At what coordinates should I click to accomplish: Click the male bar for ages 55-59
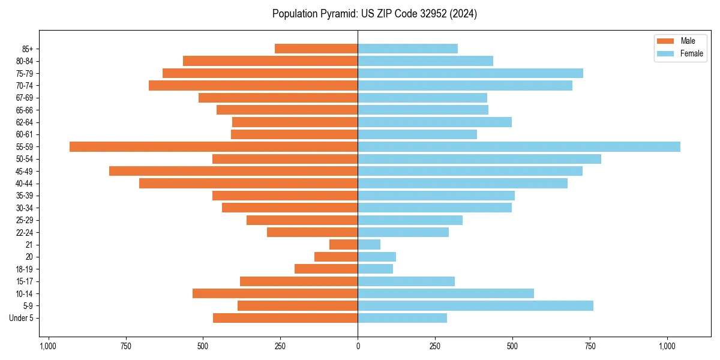[214, 147]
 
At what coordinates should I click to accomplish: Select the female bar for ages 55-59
[519, 147]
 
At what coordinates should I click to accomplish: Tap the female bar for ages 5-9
[475, 306]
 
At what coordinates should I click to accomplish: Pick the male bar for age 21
[343, 245]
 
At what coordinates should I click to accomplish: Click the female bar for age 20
[377, 257]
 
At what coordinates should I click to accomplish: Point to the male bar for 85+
[316, 49]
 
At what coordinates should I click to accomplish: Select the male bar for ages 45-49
[233, 172]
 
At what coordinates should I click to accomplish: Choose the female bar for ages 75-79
[470, 73]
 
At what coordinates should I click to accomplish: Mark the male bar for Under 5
[285, 318]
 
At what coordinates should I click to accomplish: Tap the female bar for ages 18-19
[375, 269]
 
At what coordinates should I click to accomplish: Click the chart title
[374, 14]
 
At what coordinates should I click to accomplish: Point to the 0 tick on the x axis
[358, 346]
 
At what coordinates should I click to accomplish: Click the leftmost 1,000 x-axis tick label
[48, 346]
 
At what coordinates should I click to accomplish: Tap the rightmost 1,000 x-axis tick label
[667, 346]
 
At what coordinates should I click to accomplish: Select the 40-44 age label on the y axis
[25, 184]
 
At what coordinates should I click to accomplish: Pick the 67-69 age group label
[25, 98]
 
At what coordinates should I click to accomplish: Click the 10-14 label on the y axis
[25, 294]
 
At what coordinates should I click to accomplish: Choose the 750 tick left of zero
[125, 346]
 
